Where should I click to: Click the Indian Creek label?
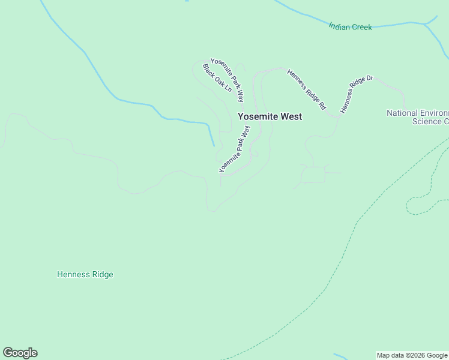(350, 27)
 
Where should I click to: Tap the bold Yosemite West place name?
(270, 116)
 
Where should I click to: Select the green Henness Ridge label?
(85, 275)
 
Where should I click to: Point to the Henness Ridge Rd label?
(306, 89)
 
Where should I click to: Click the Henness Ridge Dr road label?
(357, 94)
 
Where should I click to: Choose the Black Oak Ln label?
(217, 78)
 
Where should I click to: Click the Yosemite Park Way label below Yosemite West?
(235, 149)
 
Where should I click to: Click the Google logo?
(20, 353)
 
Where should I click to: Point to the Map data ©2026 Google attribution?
(412, 355)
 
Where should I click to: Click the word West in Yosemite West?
(289, 116)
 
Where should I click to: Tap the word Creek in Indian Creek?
(362, 27)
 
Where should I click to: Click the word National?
(402, 113)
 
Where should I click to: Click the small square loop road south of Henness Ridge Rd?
(313, 175)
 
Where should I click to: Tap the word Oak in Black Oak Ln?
(217, 79)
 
